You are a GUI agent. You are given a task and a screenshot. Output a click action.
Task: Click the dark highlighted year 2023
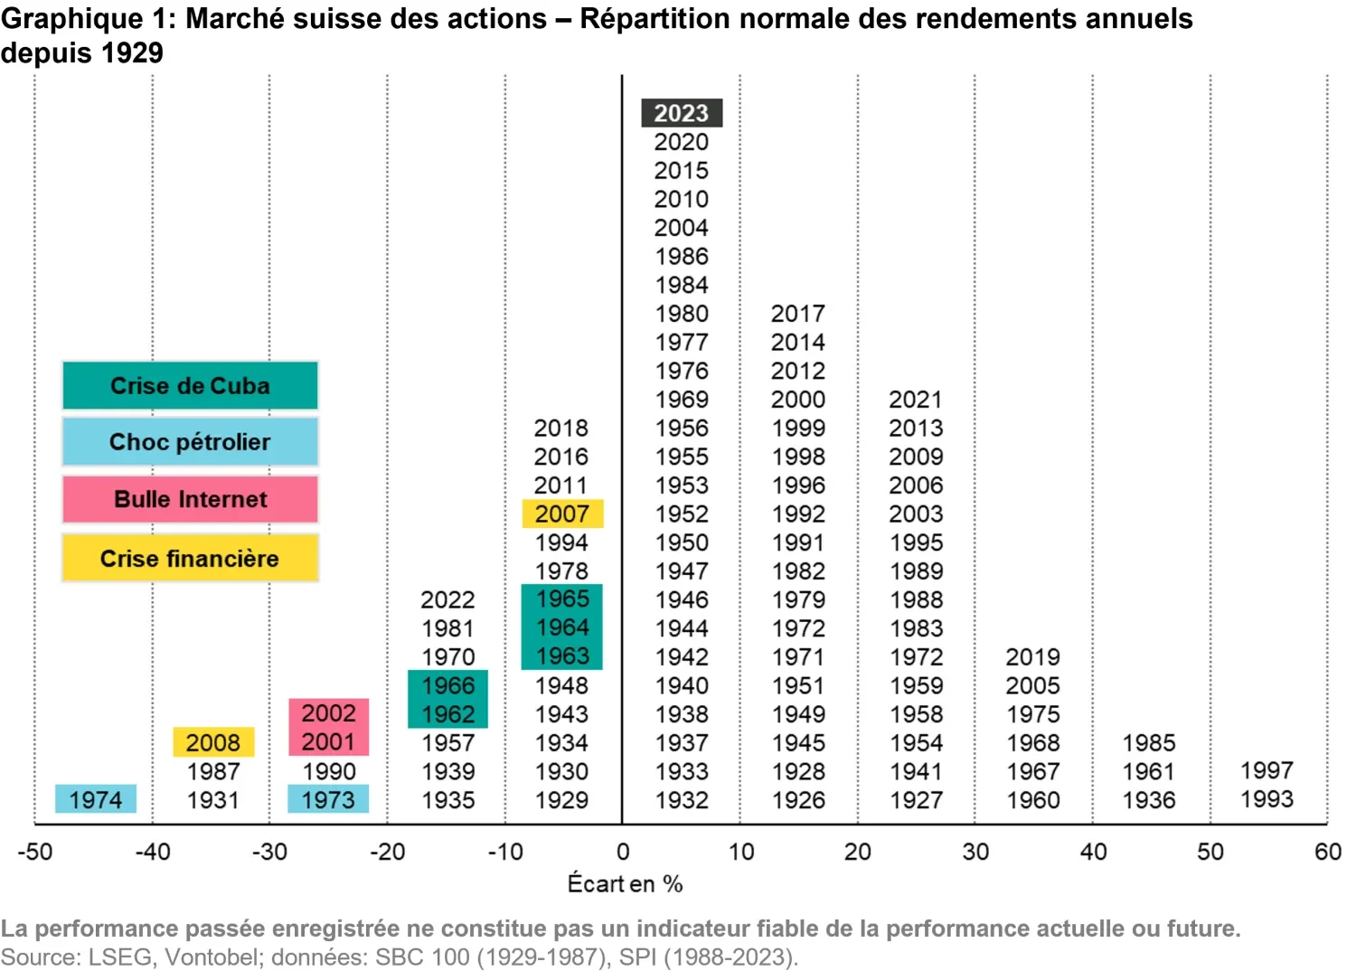coord(682,113)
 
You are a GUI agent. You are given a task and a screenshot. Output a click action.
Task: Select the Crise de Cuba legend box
coord(190,386)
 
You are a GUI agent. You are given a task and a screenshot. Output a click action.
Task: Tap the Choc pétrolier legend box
coord(190,442)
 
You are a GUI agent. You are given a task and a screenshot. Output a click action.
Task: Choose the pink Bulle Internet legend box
coord(190,499)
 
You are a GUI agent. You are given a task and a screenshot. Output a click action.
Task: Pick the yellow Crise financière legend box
coord(190,559)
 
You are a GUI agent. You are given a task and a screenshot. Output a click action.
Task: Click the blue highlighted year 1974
coord(96,799)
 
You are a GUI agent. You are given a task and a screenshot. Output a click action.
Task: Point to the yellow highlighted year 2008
coord(213,742)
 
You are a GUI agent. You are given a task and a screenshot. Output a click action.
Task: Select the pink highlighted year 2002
coord(329,712)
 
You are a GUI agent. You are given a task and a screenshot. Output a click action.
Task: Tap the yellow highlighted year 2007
coord(562,514)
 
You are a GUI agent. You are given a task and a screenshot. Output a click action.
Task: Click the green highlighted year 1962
coord(448,713)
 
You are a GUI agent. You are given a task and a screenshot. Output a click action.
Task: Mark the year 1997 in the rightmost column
coord(1267,770)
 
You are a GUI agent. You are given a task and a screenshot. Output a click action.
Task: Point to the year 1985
coord(1149,742)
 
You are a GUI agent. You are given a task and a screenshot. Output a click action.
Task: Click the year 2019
coord(1032,656)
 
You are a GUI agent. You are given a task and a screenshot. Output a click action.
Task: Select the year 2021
coord(916,399)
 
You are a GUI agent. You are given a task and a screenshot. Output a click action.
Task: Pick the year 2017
coord(798,314)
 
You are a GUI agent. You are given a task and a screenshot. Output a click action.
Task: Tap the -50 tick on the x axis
coord(35,852)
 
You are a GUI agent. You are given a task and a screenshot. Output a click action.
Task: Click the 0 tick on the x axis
coord(623,852)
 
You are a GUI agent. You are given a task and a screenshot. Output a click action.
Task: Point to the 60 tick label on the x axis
coord(1327,852)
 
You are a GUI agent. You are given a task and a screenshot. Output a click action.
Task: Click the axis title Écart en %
coord(625,883)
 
